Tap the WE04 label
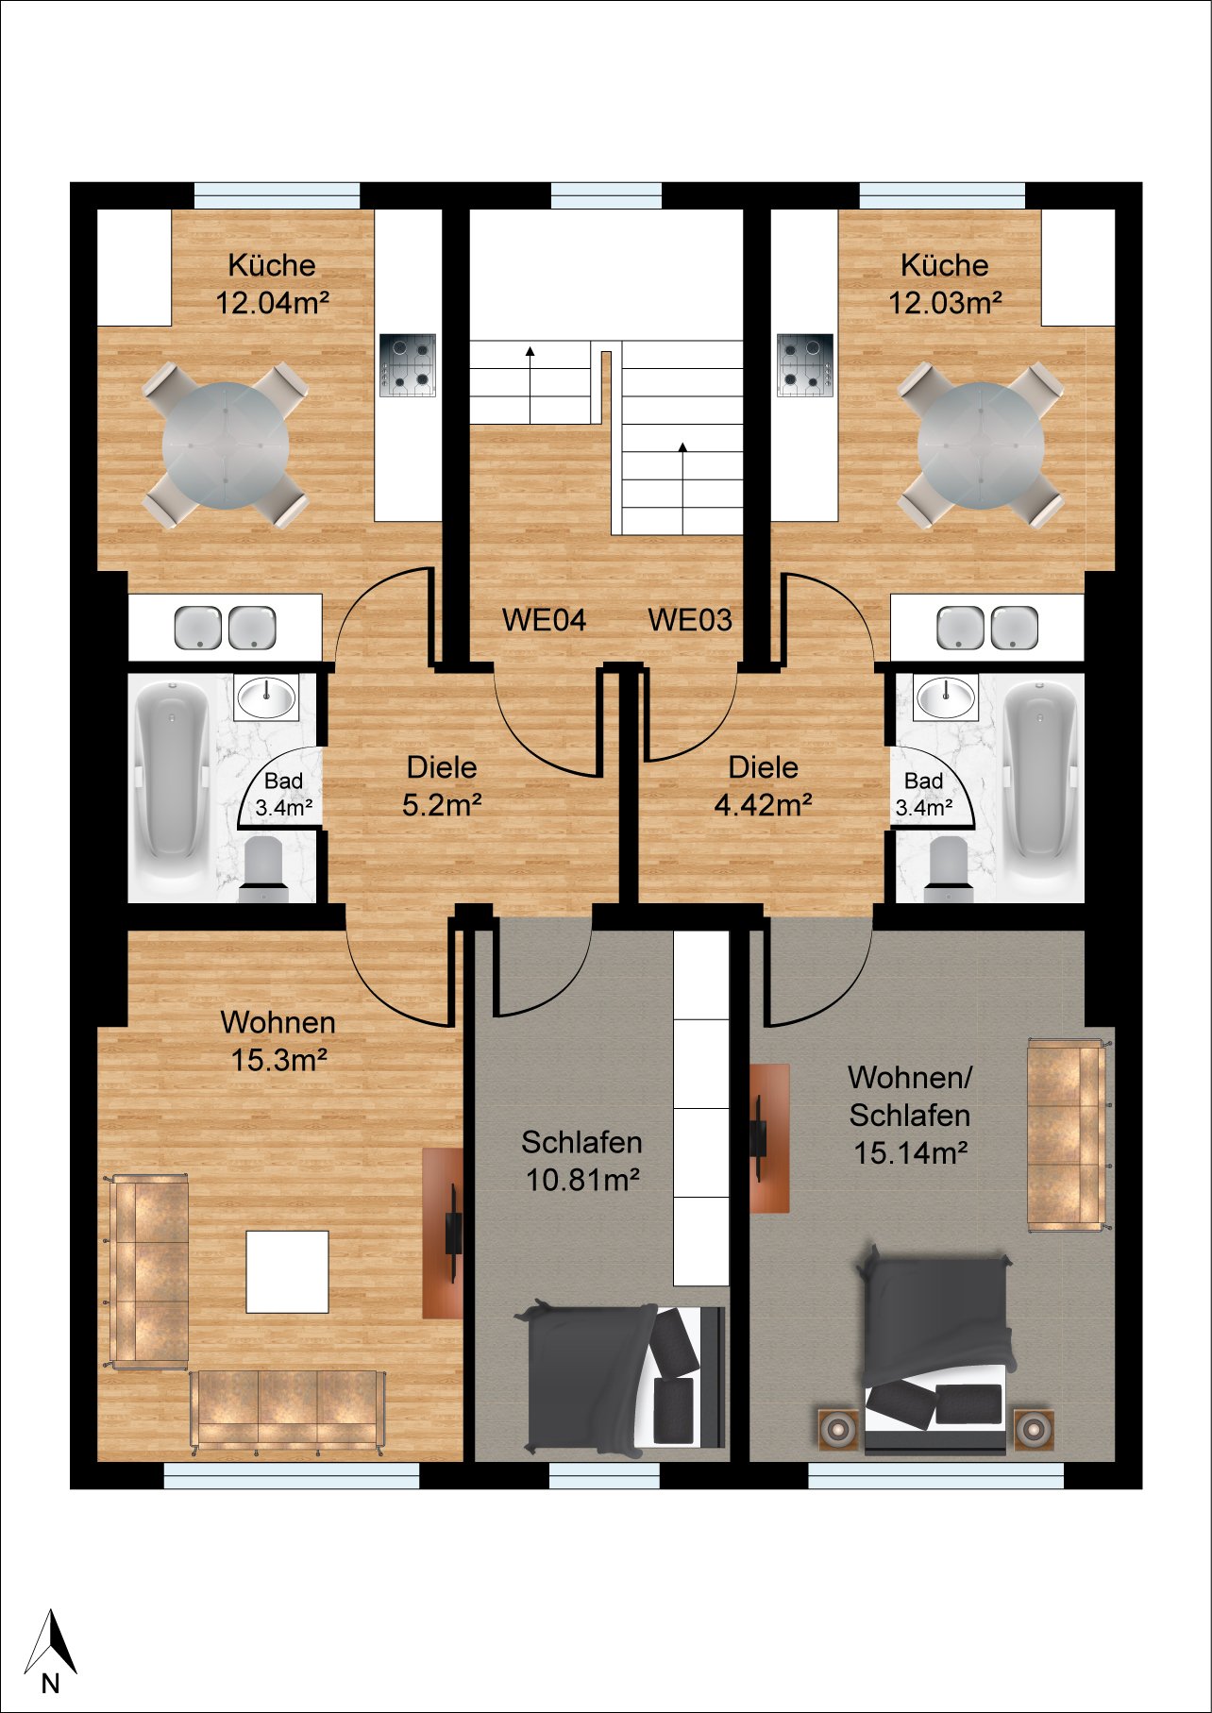[x=544, y=620]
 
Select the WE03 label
[x=690, y=620]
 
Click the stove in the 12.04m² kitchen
[x=408, y=365]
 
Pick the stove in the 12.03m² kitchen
[x=805, y=365]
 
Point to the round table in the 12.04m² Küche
[x=226, y=445]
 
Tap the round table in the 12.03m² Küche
[x=981, y=445]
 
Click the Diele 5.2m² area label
[x=442, y=786]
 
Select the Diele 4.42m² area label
[x=764, y=786]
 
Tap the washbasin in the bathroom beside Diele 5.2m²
[x=266, y=697]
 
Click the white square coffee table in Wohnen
[x=288, y=1271]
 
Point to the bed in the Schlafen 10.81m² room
[x=619, y=1377]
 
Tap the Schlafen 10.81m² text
[x=582, y=1161]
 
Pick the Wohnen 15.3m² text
[x=278, y=1041]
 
